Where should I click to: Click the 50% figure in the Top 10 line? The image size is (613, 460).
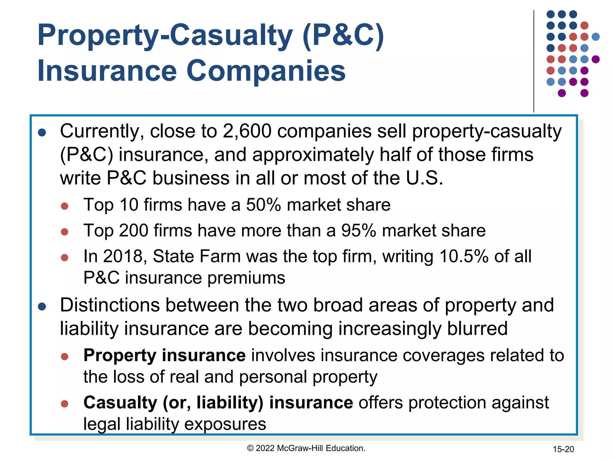pyautogui.click(x=263, y=205)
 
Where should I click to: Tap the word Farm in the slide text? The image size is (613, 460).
pyautogui.click(x=220, y=256)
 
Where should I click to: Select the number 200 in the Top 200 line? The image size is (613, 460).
pyautogui.click(x=133, y=231)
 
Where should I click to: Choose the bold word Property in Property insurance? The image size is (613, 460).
pyautogui.click(x=120, y=355)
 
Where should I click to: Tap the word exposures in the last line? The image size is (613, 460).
pyautogui.click(x=225, y=424)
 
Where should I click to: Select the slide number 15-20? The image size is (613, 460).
pyautogui.click(x=563, y=449)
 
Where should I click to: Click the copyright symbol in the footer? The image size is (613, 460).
pyautogui.click(x=250, y=448)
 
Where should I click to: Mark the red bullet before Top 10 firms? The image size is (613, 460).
pyautogui.click(x=65, y=206)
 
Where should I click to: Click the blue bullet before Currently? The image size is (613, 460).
pyautogui.click(x=42, y=133)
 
